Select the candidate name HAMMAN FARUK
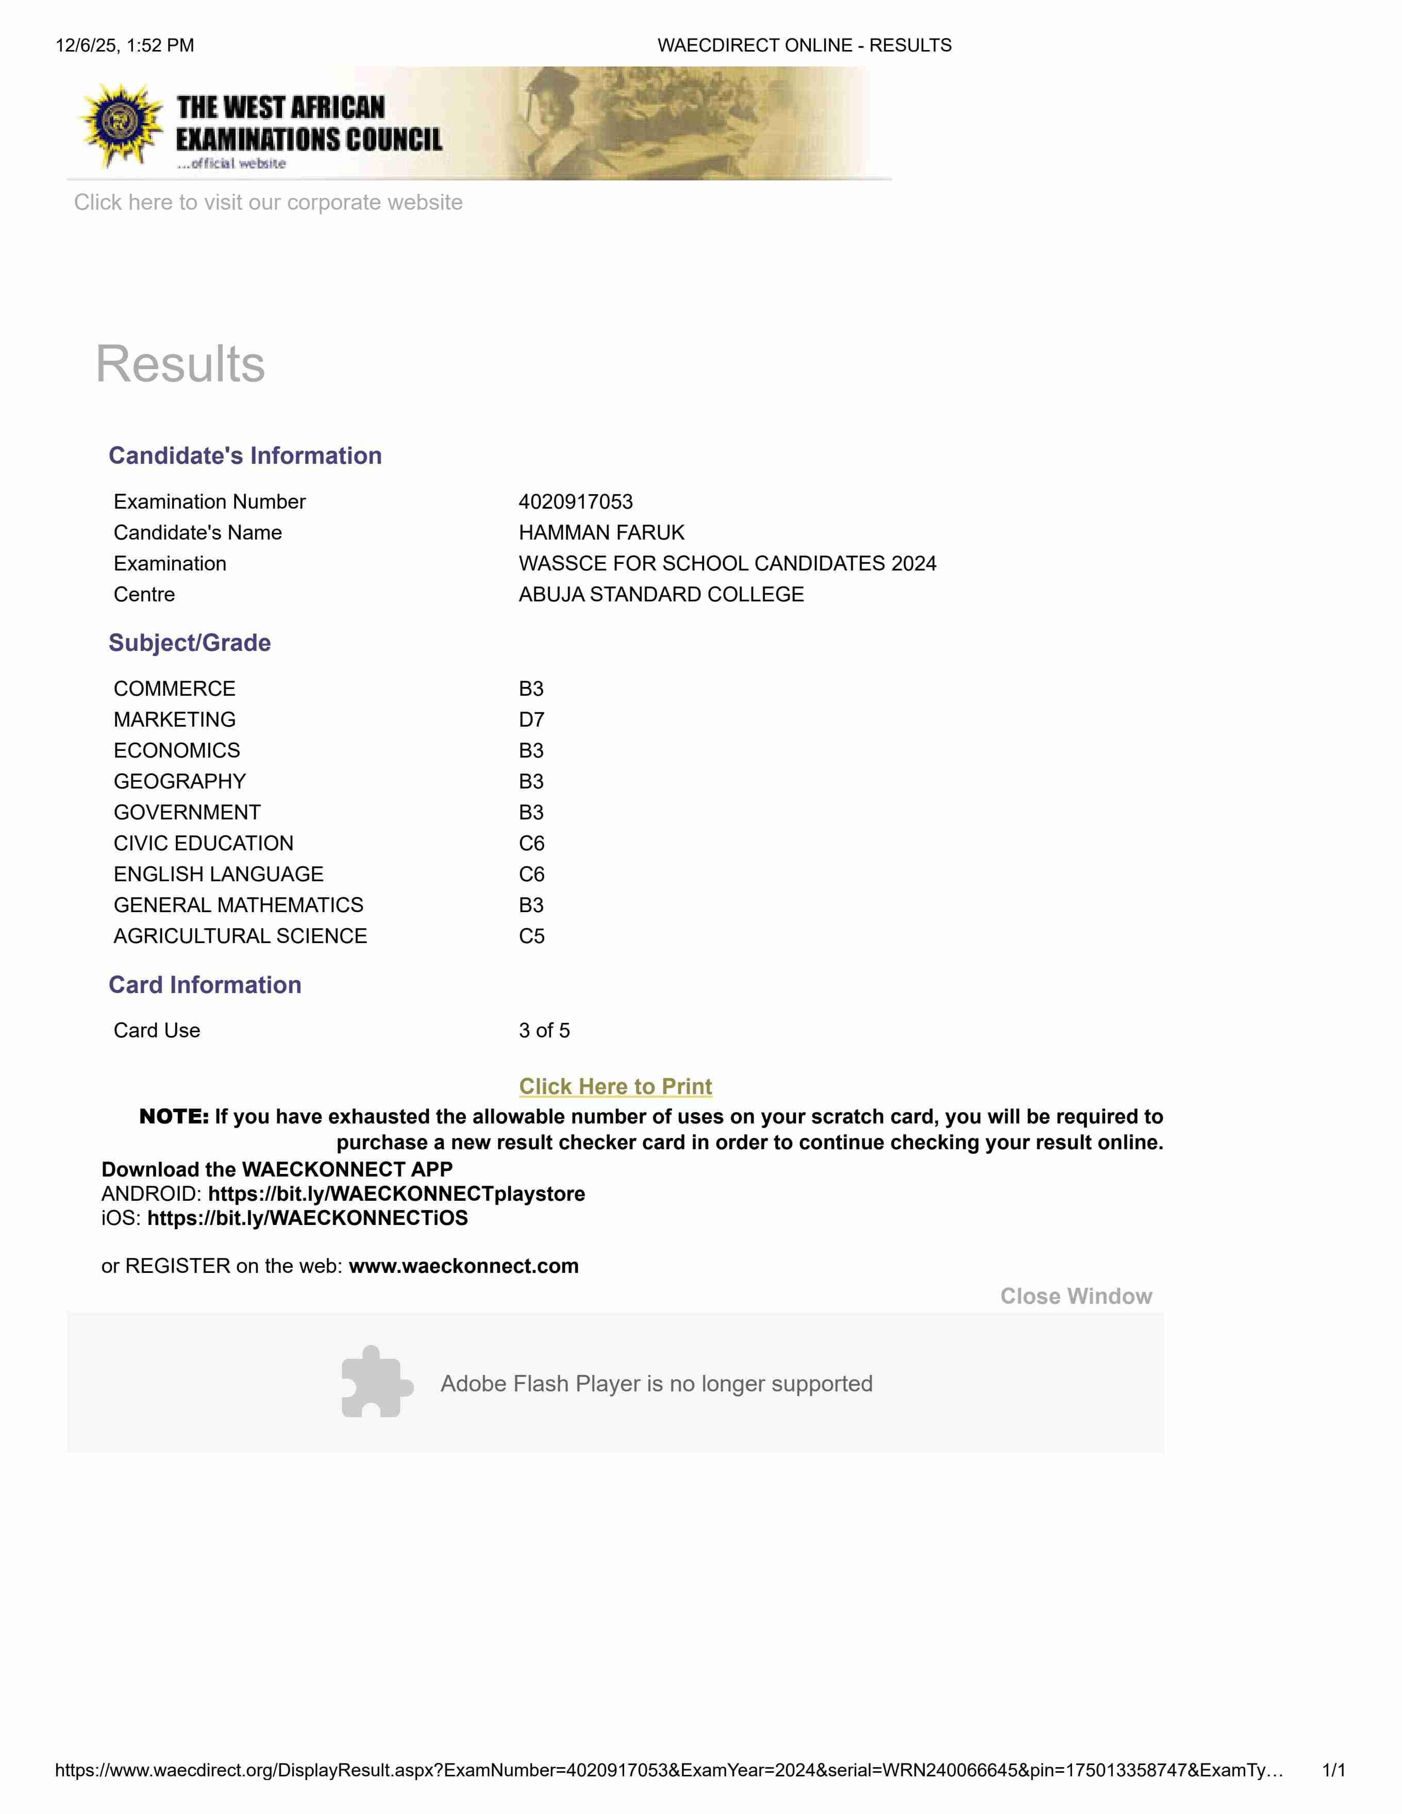pos(602,532)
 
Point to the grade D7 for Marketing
pos(531,719)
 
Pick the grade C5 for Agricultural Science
pos(531,936)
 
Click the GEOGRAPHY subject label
pos(179,782)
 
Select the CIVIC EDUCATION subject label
pos(204,843)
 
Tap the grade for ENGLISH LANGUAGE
pos(531,875)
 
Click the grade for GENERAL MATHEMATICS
pos(531,905)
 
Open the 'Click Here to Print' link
pos(615,1086)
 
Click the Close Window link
pos(1076,1297)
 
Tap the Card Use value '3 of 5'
pos(544,1031)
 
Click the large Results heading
pos(180,364)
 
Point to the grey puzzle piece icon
pos(375,1382)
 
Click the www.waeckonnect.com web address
pos(463,1266)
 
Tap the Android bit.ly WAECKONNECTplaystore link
pos(396,1195)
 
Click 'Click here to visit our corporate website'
pos(268,203)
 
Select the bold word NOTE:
pos(174,1116)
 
